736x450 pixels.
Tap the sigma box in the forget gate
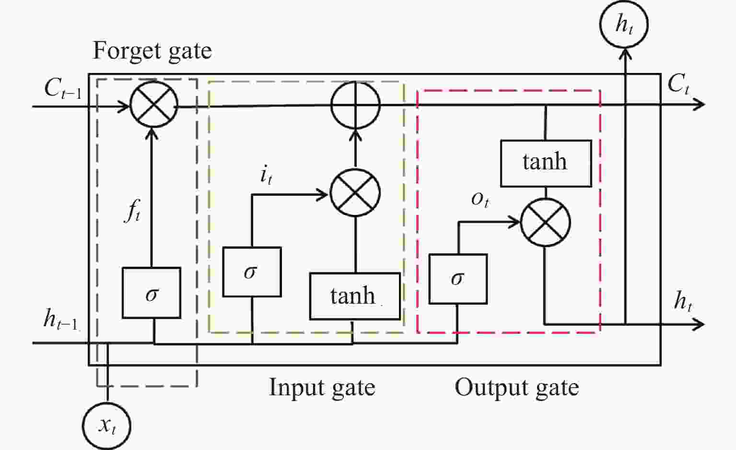coord(152,293)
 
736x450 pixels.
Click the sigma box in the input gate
coord(252,272)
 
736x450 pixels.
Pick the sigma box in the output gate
coord(458,279)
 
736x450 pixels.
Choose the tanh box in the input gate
coord(355,296)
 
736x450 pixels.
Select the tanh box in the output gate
coord(546,164)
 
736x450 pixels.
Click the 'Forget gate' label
coord(152,51)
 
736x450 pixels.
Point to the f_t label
coord(133,212)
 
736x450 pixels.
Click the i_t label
coord(266,177)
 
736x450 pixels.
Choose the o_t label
coord(480,200)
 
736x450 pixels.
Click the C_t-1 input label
coord(62,88)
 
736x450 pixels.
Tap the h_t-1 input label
coord(60,320)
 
